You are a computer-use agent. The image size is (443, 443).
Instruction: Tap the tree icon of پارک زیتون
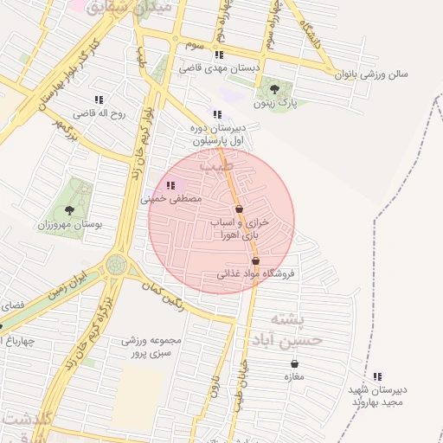(274, 88)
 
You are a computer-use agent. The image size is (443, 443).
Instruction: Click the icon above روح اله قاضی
(100, 100)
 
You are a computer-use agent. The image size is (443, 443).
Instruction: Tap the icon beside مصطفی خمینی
(170, 184)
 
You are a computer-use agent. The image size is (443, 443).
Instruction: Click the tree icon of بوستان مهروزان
(69, 209)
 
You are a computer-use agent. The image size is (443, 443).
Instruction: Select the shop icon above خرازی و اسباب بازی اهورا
(240, 209)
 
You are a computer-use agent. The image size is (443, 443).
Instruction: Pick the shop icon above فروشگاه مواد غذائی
(255, 260)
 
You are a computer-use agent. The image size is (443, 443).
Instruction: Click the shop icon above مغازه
(294, 363)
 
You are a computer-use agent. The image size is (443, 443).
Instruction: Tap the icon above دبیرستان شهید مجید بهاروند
(377, 376)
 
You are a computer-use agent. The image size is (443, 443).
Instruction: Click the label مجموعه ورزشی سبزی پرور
(153, 347)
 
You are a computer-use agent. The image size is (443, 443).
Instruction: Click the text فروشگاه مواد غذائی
(255, 274)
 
